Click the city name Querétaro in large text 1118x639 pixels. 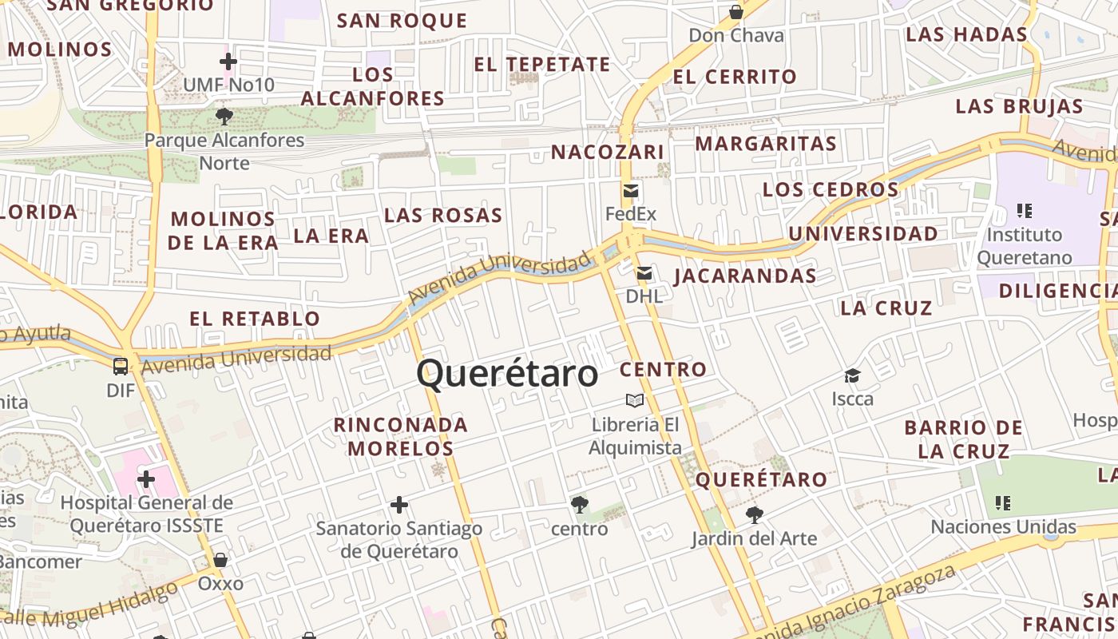point(507,373)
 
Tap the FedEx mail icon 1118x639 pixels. point(631,191)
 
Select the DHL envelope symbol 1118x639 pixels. point(644,274)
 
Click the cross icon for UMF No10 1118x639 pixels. point(228,61)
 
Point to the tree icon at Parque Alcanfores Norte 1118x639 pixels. point(224,117)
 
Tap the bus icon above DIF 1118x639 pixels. point(121,367)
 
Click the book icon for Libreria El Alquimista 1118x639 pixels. point(635,400)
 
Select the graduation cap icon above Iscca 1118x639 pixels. point(852,375)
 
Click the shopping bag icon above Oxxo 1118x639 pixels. point(220,560)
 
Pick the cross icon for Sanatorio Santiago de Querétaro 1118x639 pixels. point(399,505)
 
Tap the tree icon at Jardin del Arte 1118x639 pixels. point(754,515)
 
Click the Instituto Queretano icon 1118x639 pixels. point(1025,211)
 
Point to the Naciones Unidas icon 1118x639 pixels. point(1003,503)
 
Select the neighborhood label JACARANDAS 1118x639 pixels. point(745,276)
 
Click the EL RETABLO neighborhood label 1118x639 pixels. point(255,319)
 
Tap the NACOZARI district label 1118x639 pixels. point(608,152)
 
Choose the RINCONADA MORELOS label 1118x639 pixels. point(401,436)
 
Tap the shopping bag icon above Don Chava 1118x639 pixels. point(736,12)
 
